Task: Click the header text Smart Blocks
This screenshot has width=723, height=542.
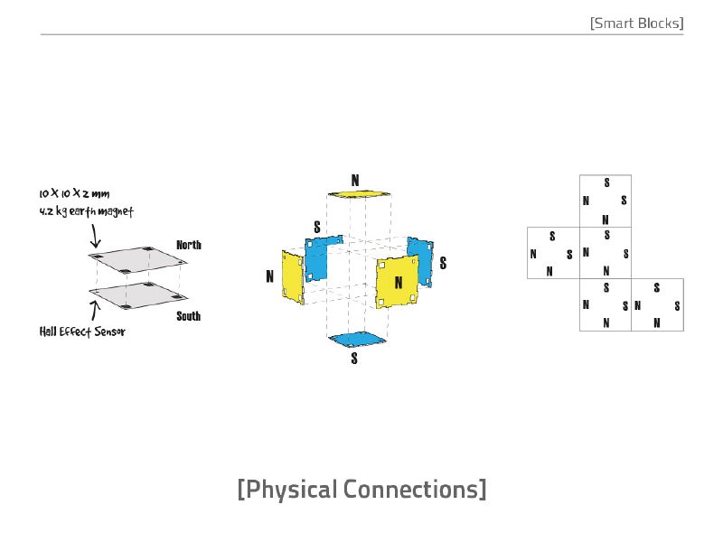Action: (x=637, y=23)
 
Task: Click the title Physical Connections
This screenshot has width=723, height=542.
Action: (x=362, y=489)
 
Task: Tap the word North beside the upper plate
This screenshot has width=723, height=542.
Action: (x=189, y=245)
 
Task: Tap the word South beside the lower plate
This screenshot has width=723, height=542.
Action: (x=189, y=316)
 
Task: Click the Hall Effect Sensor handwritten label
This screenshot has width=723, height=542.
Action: (x=82, y=332)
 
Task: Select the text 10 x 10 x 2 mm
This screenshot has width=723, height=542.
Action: (x=74, y=193)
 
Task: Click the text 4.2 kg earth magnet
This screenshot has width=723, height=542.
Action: (x=86, y=211)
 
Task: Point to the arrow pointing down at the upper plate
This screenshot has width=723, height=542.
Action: (x=95, y=236)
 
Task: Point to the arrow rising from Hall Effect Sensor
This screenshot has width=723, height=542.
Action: (x=95, y=311)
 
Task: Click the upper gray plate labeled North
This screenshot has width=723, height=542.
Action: (x=138, y=260)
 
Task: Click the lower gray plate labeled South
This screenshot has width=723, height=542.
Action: (x=138, y=295)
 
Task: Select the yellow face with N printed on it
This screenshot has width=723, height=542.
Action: (x=398, y=282)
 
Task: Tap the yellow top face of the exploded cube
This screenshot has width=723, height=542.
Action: (x=359, y=194)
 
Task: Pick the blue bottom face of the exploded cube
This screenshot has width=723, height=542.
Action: (x=357, y=341)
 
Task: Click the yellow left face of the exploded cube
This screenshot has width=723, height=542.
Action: (x=293, y=277)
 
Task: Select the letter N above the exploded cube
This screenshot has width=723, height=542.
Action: (x=355, y=180)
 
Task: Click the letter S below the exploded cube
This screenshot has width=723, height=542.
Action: (x=354, y=358)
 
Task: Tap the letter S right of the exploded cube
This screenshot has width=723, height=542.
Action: (x=443, y=263)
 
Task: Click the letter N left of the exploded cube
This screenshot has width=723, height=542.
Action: (x=269, y=276)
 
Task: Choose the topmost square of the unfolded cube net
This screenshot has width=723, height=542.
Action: (x=606, y=201)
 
